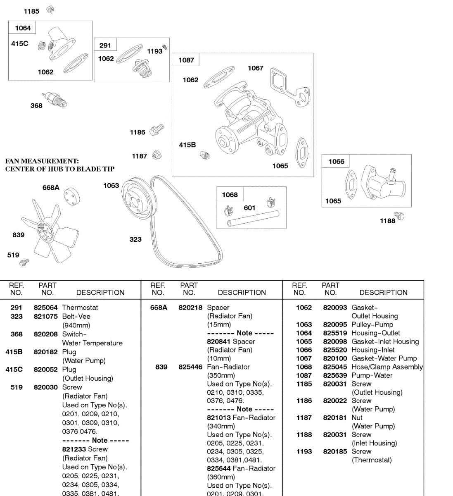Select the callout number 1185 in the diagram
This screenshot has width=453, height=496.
[x=31, y=11]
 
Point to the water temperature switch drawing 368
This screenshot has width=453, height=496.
[x=56, y=100]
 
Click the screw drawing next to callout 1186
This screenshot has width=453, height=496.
[x=157, y=130]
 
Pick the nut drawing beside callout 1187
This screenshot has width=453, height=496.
[x=157, y=155]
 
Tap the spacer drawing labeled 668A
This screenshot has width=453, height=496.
[x=72, y=196]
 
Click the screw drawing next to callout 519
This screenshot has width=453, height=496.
[x=25, y=261]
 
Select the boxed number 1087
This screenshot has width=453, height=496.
[x=186, y=60]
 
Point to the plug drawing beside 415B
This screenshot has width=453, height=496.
[x=205, y=155]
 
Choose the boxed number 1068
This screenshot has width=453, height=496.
[x=230, y=195]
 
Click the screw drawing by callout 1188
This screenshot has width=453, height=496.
[x=399, y=215]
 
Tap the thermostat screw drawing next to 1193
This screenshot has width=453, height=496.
[x=165, y=48]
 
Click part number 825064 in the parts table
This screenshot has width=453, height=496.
[x=45, y=308]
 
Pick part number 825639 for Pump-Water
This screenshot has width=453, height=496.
[x=335, y=375]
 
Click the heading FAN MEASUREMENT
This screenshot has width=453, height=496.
[x=42, y=161]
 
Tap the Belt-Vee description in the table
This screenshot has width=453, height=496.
[x=76, y=316]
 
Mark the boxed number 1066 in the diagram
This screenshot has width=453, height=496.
[x=336, y=162]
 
